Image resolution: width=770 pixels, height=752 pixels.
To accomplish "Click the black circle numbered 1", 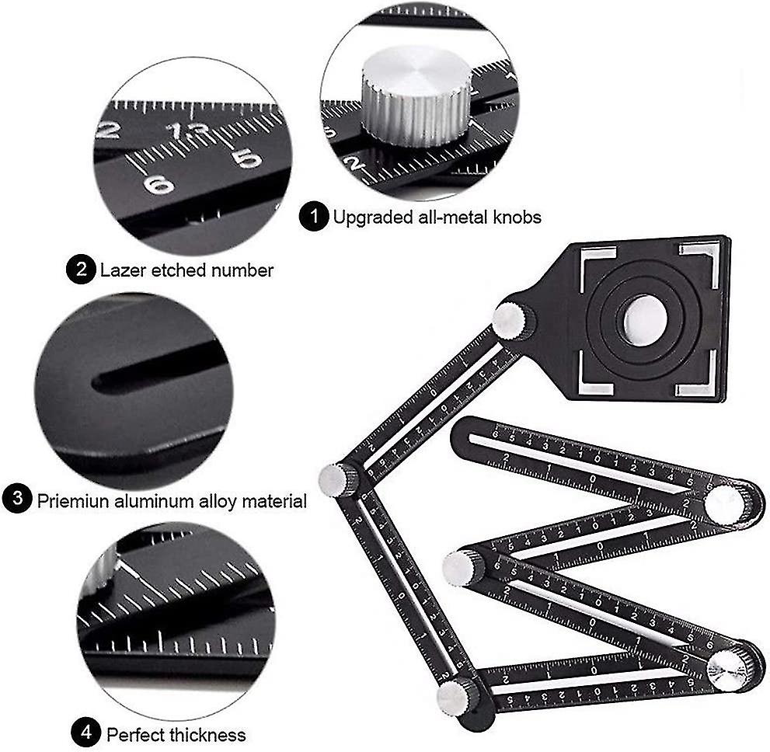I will click(x=313, y=218).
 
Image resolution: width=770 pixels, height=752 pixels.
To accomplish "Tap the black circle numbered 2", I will click(x=81, y=270).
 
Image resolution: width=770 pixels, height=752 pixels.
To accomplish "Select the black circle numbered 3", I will click(x=16, y=500).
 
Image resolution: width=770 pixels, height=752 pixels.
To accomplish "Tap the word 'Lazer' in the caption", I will click(x=121, y=270).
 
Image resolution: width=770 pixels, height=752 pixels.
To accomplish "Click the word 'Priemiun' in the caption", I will click(x=71, y=500).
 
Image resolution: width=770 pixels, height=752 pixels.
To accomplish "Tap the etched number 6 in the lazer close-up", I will click(x=158, y=185).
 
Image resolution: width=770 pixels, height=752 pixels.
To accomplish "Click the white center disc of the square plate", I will click(x=643, y=319).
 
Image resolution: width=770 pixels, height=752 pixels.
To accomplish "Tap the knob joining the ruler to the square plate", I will click(x=514, y=321).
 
